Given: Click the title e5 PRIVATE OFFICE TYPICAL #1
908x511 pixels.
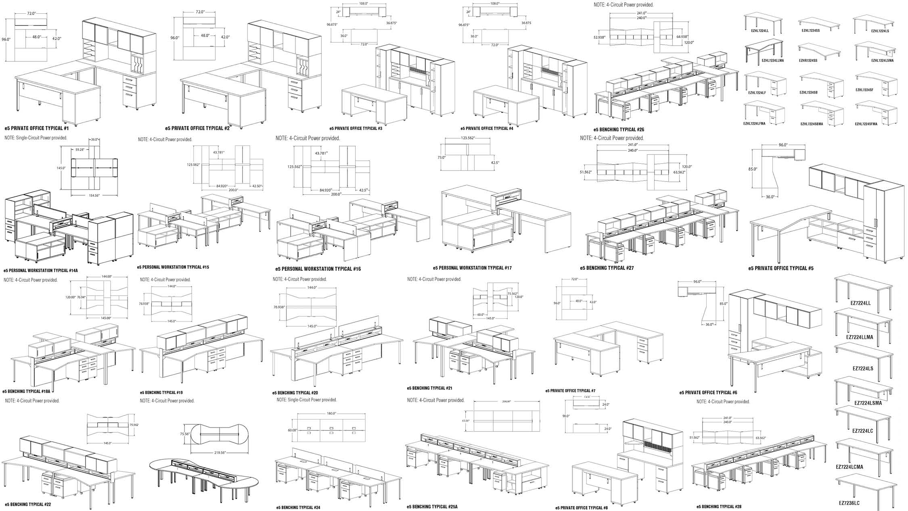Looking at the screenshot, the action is point(37,128).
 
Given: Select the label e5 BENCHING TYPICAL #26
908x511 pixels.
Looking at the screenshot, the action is point(619,130).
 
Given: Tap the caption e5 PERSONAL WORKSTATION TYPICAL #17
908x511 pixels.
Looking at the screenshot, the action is point(472,268).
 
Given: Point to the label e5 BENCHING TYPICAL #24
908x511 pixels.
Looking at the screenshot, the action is point(298,507).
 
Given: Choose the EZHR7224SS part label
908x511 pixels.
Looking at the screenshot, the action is point(808,60).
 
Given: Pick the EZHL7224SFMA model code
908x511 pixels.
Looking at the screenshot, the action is point(866,124).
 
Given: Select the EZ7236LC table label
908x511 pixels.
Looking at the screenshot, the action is point(849,503).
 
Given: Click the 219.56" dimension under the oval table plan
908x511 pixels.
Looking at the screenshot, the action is point(220,453).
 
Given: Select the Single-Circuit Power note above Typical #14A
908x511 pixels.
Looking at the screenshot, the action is point(36,138).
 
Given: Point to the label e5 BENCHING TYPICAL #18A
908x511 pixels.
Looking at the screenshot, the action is point(29,391).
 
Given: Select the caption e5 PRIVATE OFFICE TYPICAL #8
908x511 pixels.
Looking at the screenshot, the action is point(581,508).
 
